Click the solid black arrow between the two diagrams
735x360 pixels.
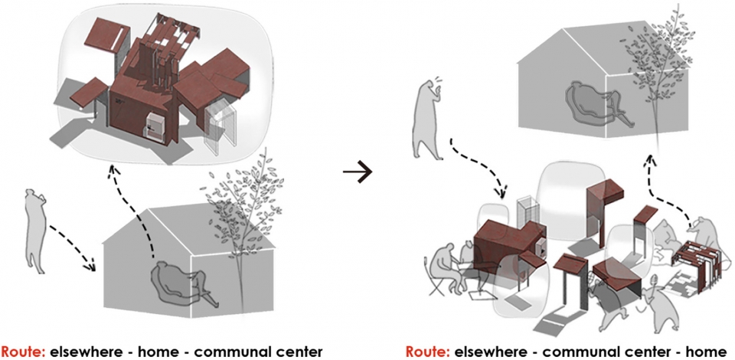(358, 172)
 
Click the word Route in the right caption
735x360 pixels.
(427, 351)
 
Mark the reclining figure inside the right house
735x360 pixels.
(602, 106)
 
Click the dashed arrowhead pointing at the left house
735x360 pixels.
(90, 267)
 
